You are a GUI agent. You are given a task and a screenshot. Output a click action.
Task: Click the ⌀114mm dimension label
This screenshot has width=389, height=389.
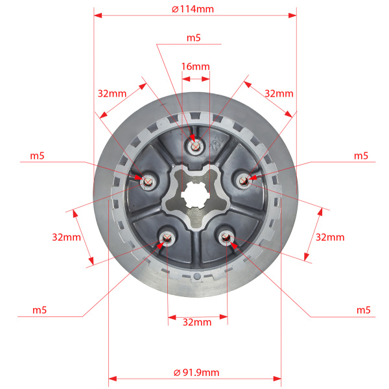coord(193,9)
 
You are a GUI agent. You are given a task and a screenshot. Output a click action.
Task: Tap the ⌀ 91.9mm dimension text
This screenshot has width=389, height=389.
coord(196,372)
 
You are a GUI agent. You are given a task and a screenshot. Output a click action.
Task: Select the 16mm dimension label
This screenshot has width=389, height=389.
coord(195,67)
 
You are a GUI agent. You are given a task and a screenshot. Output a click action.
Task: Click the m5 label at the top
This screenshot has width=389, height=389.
coord(193,38)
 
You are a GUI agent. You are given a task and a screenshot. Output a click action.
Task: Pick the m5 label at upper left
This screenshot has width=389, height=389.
coord(38,156)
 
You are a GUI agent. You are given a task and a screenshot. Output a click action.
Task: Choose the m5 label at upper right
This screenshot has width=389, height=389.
coord(361,156)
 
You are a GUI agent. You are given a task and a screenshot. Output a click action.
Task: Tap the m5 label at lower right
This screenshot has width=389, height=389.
coord(363,311)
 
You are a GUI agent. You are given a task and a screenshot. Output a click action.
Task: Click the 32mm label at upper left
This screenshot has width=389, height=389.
coord(112,93)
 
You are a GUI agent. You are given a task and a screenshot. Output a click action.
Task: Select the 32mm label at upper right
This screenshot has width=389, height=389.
coord(279,93)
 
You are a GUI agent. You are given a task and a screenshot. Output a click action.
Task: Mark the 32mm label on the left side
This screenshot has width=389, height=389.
coord(66,237)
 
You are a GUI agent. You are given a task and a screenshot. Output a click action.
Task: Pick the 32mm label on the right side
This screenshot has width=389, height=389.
coord(330,237)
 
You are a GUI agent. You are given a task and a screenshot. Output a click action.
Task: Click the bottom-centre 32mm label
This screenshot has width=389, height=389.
coord(197,322)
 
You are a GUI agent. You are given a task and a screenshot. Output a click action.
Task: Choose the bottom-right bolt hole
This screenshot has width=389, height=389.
coord(226,239)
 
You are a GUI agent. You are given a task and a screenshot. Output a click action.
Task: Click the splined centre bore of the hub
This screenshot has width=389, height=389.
coord(196,194)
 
